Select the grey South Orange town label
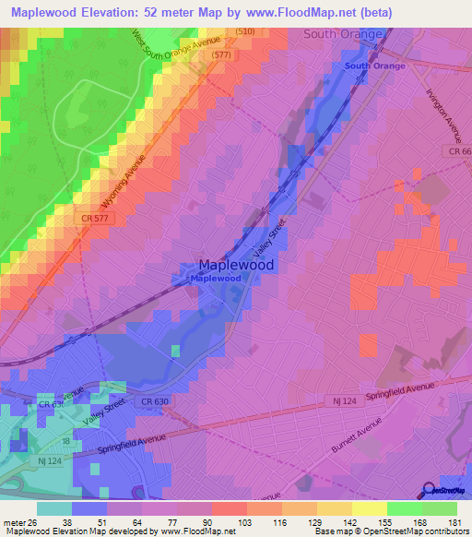click(342, 33)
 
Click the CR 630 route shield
click(155, 401)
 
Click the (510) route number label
click(244, 31)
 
